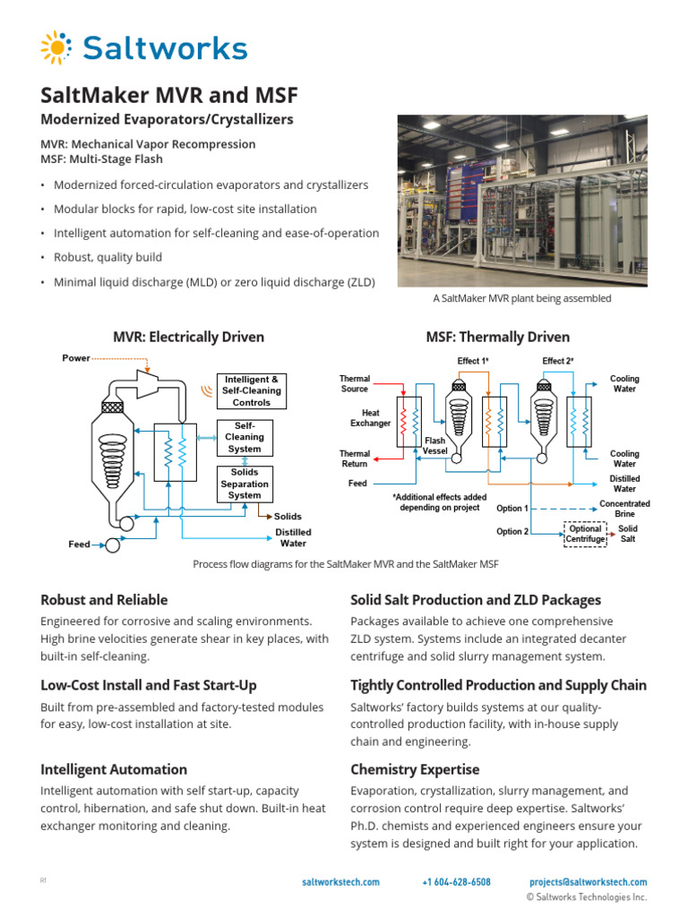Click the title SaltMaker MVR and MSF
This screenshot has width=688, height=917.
point(169,95)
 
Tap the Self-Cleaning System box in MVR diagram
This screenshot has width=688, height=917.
point(245,438)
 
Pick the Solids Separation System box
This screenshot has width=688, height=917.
point(245,484)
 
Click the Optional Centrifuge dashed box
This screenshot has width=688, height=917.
point(585,534)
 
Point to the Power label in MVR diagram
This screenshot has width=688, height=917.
point(76,358)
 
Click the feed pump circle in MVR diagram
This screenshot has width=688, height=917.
point(112,544)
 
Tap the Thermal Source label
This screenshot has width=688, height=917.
point(355,384)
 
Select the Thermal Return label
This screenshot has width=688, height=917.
point(355,459)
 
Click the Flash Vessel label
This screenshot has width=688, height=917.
point(434,445)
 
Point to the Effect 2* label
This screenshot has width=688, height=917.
point(558,361)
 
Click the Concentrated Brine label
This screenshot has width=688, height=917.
point(624,509)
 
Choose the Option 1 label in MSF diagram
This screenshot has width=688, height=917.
point(512,509)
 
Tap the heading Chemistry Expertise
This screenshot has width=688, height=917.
point(415,769)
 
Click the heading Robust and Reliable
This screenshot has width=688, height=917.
point(104,600)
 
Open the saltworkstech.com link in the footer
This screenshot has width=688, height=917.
point(341,882)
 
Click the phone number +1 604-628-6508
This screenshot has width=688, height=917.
point(456,882)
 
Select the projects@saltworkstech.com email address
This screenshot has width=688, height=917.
point(588,882)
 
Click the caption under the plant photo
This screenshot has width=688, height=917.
point(522,298)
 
